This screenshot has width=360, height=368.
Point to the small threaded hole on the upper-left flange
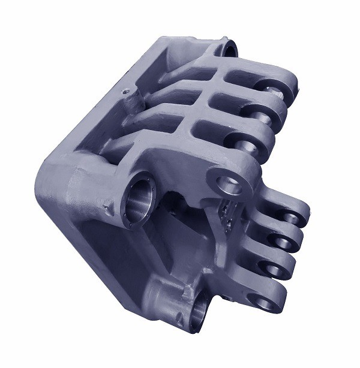pyautogui.click(x=125, y=92)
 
